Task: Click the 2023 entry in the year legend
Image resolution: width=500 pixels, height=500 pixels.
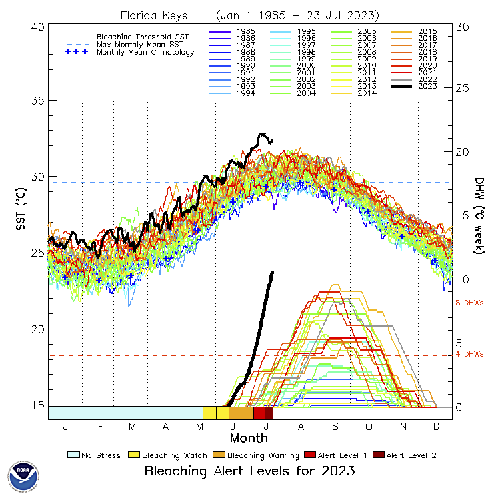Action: pos(427,85)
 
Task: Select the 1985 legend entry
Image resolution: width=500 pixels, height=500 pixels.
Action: pos(237,31)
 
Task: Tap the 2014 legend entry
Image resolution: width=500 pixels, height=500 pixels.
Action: pos(367,93)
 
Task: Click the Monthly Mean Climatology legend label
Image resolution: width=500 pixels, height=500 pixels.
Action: pos(145,52)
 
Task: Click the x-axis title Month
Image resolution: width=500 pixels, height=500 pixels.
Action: pos(249,438)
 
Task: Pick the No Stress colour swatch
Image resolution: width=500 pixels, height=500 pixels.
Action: pos(73,455)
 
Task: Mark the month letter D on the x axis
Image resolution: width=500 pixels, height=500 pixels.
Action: pos(437,426)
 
